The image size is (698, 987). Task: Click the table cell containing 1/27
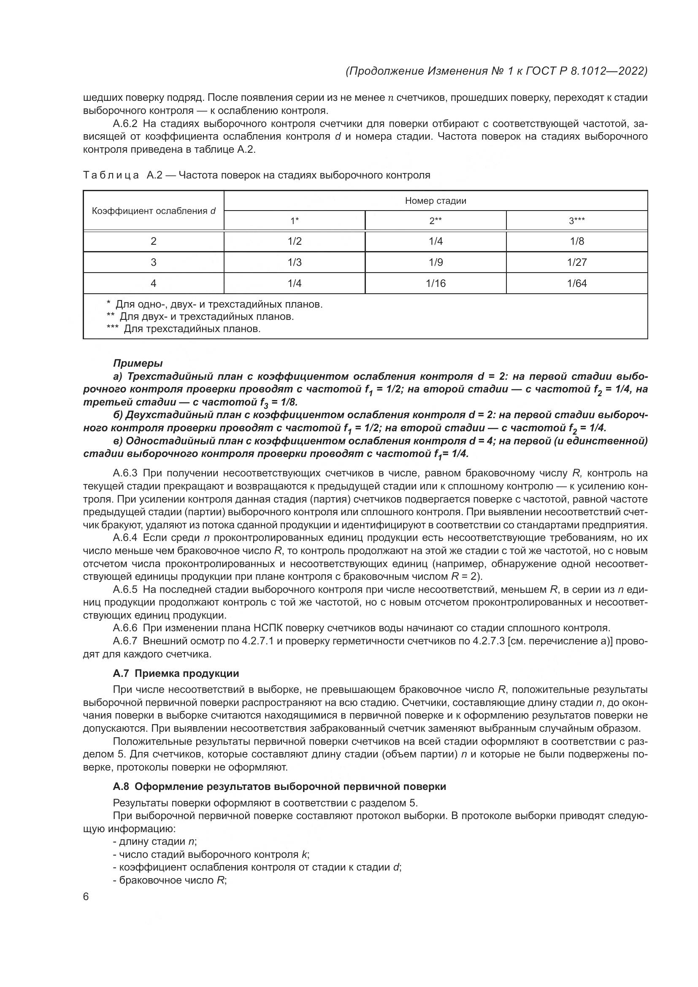[x=576, y=262]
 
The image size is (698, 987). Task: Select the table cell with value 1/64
[x=576, y=283]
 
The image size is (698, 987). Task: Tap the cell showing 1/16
[x=436, y=283]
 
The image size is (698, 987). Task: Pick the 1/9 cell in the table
[x=436, y=262]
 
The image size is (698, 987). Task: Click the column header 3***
[x=576, y=221]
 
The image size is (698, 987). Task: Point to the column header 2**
[x=436, y=221]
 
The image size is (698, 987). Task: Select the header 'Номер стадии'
[x=436, y=201]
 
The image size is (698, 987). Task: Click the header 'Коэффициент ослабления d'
[x=154, y=211]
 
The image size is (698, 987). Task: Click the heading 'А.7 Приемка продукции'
[x=176, y=673]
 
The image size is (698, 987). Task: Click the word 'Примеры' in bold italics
[x=138, y=363]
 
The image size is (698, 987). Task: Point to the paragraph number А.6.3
[x=125, y=474]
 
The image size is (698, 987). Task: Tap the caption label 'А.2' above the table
[x=154, y=176]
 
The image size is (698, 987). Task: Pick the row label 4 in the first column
[x=154, y=283]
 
